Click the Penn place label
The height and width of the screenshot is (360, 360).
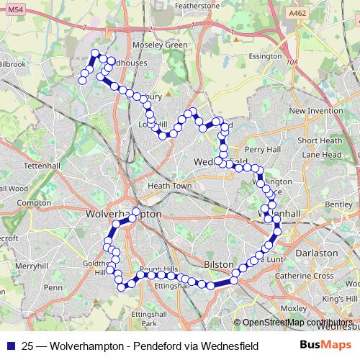tap(53, 287)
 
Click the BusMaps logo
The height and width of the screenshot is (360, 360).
tap(325, 345)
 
